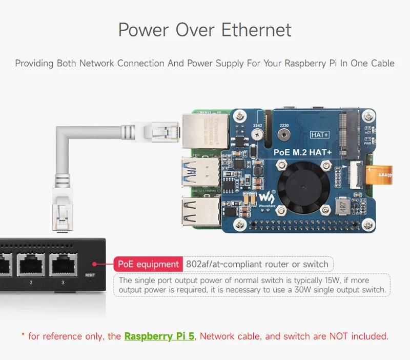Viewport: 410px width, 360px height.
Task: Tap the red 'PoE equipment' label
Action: click(x=148, y=264)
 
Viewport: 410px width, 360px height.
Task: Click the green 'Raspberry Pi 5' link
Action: click(x=159, y=336)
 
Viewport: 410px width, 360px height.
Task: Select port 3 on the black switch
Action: click(x=63, y=265)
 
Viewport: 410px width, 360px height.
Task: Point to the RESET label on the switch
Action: click(x=90, y=275)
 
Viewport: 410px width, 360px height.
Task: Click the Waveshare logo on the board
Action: click(x=265, y=198)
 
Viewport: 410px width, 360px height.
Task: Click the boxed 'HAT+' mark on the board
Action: click(x=319, y=135)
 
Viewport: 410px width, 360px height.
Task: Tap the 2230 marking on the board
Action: click(x=283, y=125)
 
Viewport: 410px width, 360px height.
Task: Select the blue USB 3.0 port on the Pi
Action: click(x=199, y=171)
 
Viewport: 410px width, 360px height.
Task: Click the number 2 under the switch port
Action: click(x=31, y=283)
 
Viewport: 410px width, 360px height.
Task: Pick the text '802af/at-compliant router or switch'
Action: click(x=257, y=264)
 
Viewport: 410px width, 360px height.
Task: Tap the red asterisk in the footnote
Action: click(x=23, y=336)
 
